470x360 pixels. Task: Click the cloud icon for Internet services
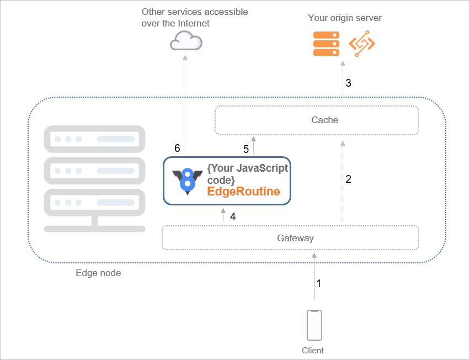click(186, 41)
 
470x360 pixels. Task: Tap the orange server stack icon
click(326, 44)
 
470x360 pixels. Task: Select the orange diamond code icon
click(362, 44)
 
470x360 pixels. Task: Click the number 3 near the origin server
click(348, 83)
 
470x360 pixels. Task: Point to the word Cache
click(324, 120)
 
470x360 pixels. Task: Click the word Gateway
click(295, 238)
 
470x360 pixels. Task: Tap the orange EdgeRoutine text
click(243, 192)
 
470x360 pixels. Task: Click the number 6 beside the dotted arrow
click(177, 148)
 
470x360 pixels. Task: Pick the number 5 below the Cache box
click(246, 149)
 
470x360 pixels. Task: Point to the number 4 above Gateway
click(233, 217)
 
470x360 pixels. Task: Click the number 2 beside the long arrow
click(348, 179)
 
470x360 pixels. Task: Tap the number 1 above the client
click(318, 283)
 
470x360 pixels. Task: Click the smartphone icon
click(314, 326)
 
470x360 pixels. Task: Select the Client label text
click(313, 350)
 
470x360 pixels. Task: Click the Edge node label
click(98, 273)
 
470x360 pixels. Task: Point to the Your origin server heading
click(345, 18)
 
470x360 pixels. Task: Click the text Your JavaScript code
click(247, 173)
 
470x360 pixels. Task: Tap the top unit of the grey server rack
click(94, 140)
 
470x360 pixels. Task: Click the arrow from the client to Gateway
click(314, 276)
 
